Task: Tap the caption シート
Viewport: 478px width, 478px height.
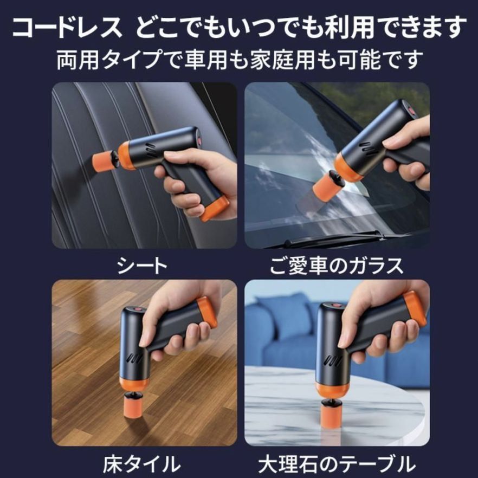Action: coord(143,265)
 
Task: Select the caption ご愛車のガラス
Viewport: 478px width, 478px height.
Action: coord(337,265)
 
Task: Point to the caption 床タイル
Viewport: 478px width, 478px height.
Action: coord(142,463)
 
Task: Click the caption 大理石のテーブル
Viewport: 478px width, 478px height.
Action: coord(337,463)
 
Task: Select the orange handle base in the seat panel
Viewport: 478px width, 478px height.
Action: coord(215,209)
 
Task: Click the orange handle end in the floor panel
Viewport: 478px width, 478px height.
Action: coord(207,313)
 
